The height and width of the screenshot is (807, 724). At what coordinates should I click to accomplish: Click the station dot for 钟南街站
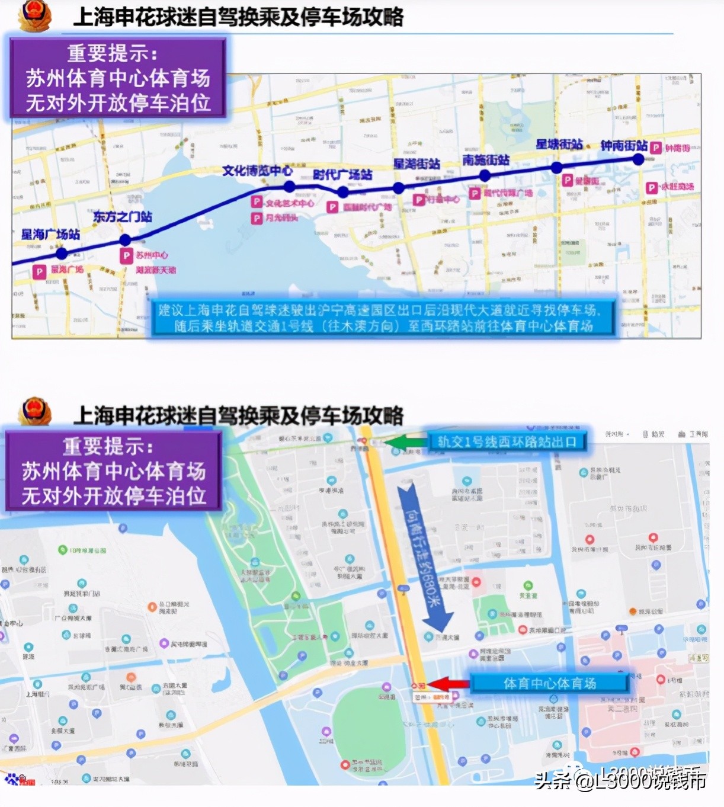click(638, 159)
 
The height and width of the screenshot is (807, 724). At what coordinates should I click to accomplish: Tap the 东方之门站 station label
click(122, 217)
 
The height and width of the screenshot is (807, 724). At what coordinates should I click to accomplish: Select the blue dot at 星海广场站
click(62, 254)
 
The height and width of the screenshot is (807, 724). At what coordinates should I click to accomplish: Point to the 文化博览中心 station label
click(257, 171)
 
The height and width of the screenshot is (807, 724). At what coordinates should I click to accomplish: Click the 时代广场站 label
click(342, 175)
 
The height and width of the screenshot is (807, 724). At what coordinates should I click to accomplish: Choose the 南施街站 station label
click(486, 160)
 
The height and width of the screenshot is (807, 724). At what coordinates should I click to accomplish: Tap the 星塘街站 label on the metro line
click(559, 144)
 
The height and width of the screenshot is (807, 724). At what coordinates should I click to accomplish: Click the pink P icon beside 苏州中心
click(126, 256)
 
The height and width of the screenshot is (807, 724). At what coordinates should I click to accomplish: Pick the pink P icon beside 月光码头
click(257, 219)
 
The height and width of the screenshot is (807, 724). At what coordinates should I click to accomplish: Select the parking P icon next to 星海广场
click(39, 271)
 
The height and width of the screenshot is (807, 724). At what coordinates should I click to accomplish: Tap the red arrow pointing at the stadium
click(448, 684)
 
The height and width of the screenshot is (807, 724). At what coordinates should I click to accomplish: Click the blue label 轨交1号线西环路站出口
click(507, 441)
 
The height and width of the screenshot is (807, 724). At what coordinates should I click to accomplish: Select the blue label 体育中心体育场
click(549, 683)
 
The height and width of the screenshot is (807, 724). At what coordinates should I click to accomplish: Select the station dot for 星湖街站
click(399, 188)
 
